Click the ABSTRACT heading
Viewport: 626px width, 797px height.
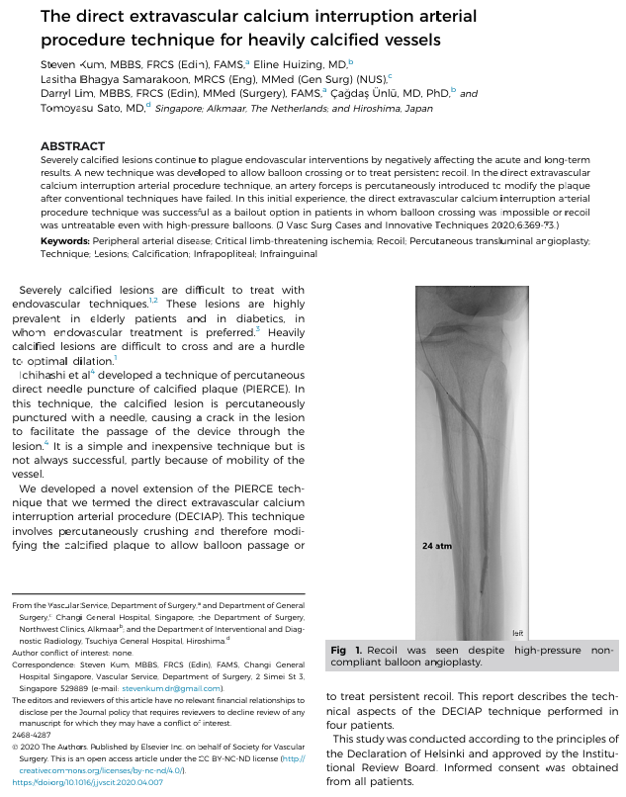tap(72, 146)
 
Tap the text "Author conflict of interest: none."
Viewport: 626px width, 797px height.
tap(71, 653)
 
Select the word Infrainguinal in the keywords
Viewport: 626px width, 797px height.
tap(287, 253)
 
